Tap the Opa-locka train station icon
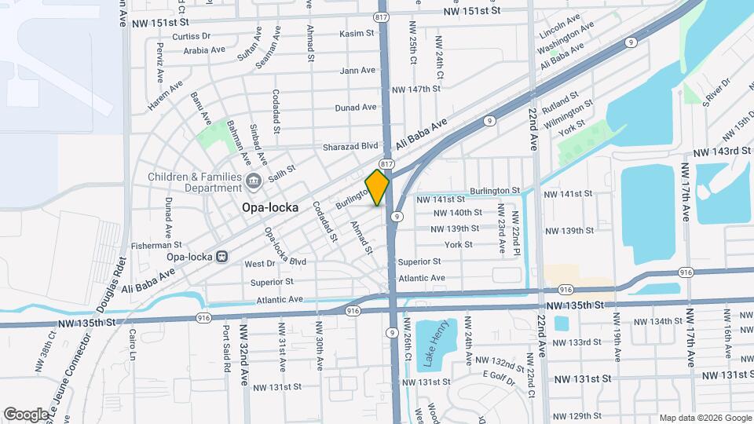click(222, 256)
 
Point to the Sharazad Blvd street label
click(350, 146)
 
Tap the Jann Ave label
click(358, 71)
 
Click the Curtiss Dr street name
click(191, 36)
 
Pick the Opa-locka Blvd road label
click(284, 246)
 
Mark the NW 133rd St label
click(584, 342)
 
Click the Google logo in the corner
click(26, 414)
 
